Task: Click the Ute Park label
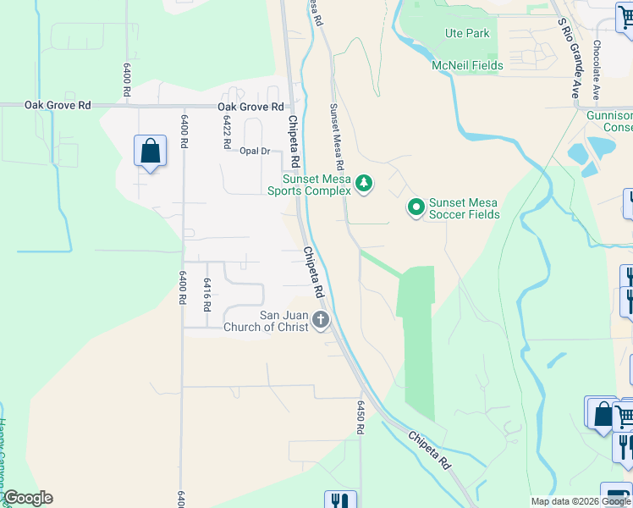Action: [x=467, y=34]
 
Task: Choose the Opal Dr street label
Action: [x=254, y=152]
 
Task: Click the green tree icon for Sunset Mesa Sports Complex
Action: [x=364, y=183]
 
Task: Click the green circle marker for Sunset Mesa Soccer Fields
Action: [x=416, y=207]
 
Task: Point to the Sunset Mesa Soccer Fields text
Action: [x=464, y=208]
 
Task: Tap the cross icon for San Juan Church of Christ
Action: [x=320, y=320]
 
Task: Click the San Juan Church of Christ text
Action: [x=266, y=321]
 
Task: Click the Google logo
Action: [x=28, y=498]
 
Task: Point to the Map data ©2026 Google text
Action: [x=581, y=501]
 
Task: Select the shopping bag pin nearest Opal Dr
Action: [x=150, y=152]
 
